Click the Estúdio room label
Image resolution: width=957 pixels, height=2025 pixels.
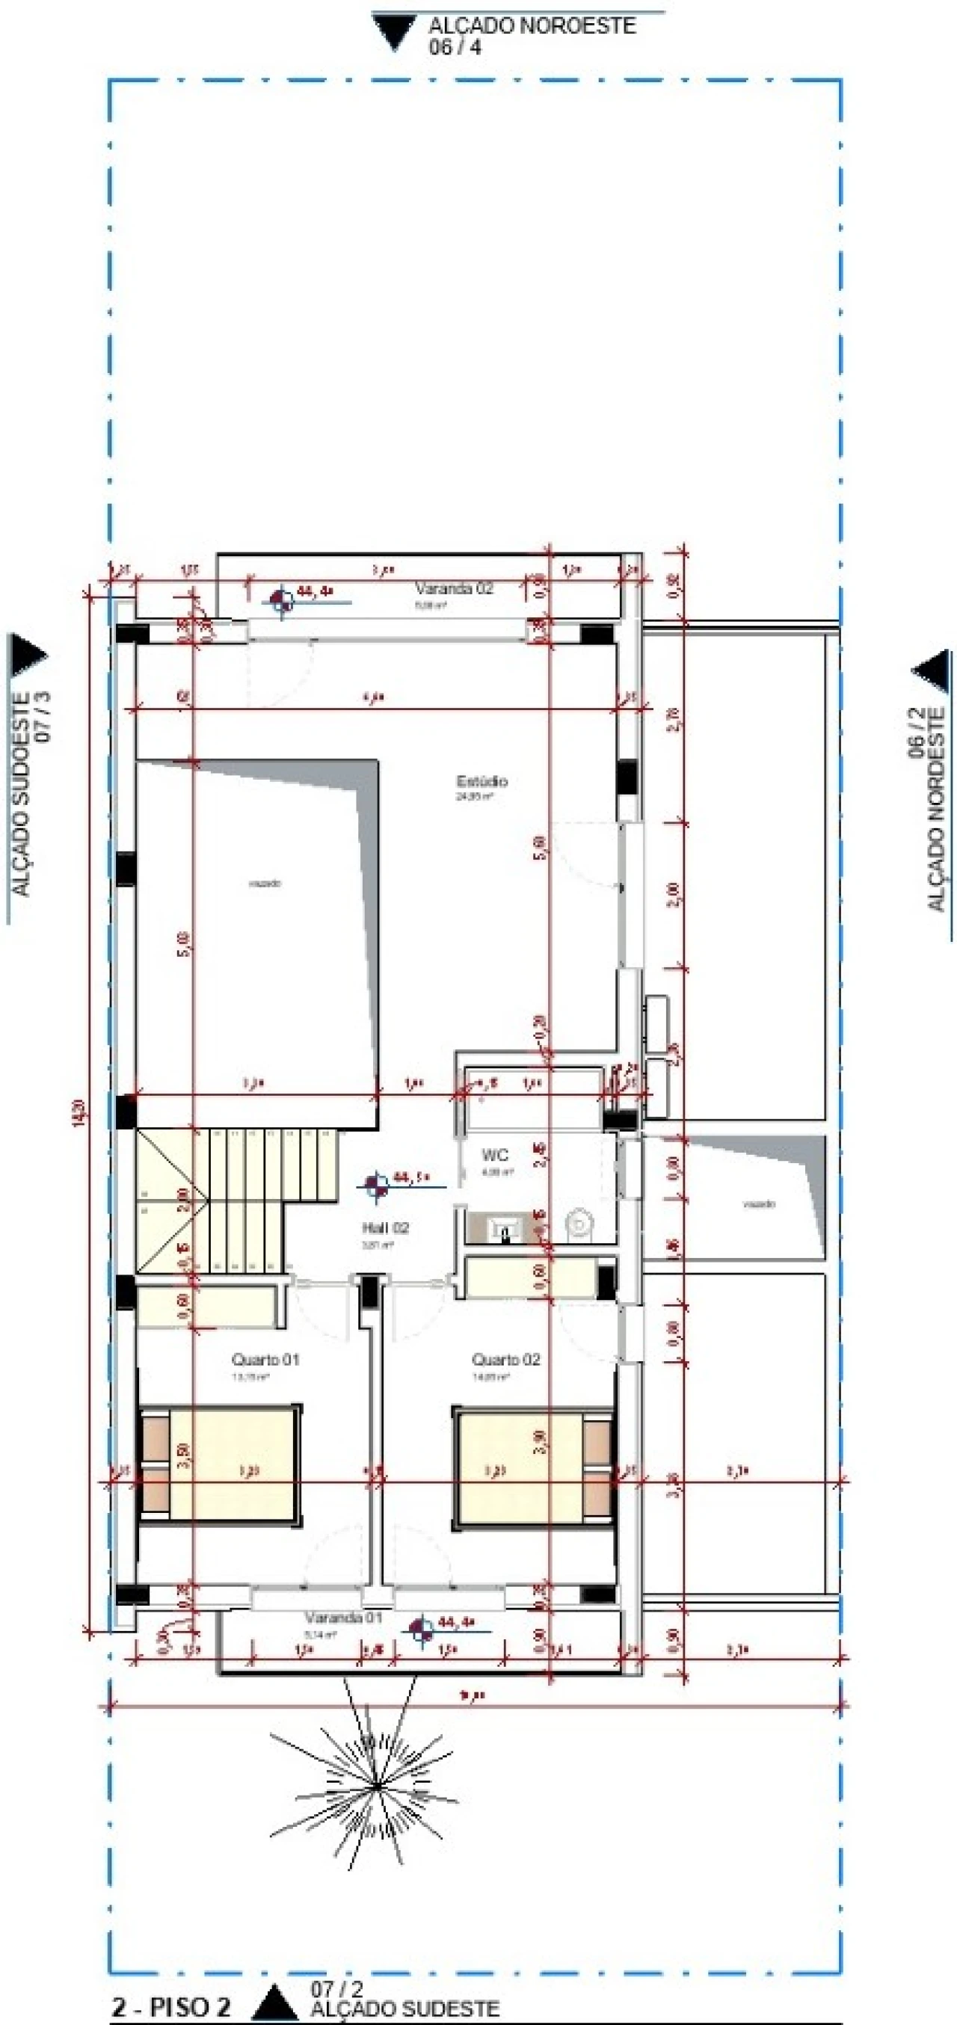[x=482, y=781]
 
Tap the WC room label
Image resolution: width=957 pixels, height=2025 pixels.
[x=495, y=1155]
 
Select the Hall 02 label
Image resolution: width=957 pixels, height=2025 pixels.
[x=385, y=1228]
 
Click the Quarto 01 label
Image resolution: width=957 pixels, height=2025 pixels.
[x=265, y=1359]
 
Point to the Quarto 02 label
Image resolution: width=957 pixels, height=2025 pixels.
[x=505, y=1359]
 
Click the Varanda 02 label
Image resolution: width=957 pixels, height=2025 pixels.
[x=454, y=589]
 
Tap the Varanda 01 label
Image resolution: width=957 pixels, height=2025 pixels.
[x=343, y=1618]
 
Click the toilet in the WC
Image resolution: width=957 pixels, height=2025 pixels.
[x=579, y=1223]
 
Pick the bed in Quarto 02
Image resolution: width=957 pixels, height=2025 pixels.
[x=533, y=1468]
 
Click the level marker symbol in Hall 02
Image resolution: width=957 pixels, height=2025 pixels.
[x=376, y=1184]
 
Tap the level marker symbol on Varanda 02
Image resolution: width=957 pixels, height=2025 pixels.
[x=283, y=601]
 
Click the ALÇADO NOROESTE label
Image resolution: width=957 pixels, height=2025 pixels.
[x=532, y=26]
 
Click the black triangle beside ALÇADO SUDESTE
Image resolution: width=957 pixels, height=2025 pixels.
[x=274, y=2003]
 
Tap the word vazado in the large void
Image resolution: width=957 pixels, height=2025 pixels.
[x=265, y=884]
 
